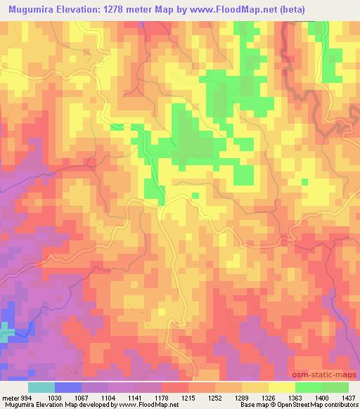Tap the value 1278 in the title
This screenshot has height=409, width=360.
tap(136, 11)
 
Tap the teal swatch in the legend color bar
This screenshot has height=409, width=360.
tap(41, 387)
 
